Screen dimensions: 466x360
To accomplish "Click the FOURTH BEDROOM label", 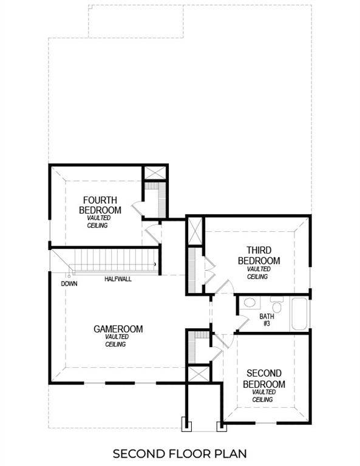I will click(x=100, y=205).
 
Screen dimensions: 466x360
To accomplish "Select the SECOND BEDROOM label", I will click(x=264, y=379).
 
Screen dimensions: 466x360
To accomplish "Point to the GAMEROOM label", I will click(x=118, y=329).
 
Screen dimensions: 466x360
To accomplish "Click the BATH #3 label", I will click(x=267, y=320).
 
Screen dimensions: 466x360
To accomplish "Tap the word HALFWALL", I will click(x=118, y=279).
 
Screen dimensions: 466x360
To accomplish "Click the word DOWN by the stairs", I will click(x=68, y=283).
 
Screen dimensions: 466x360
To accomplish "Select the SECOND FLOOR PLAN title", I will click(x=179, y=453).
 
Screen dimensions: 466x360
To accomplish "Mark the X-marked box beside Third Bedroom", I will click(x=195, y=231).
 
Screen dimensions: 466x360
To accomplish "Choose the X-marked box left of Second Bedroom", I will click(x=197, y=374).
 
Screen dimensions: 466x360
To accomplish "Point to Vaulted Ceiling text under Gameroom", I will click(x=115, y=340).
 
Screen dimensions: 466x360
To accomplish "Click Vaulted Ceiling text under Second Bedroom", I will click(x=263, y=396).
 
